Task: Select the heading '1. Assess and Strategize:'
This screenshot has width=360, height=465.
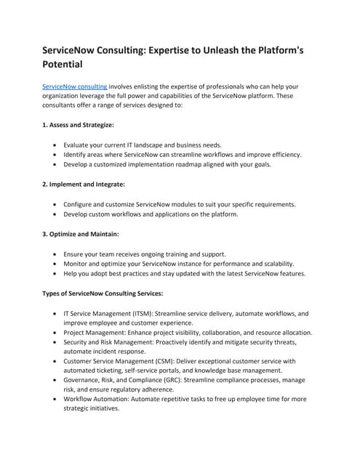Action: pos(78,125)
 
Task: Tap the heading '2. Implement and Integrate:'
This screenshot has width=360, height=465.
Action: pos(84,185)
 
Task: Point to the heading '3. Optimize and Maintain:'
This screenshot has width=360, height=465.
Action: pos(81,234)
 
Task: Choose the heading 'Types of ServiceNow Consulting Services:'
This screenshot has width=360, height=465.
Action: pos(103,294)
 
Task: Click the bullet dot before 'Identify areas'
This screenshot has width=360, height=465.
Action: pos(56,155)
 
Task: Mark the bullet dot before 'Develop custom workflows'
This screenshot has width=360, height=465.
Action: pos(56,214)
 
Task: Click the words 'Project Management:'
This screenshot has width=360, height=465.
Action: pos(95,332)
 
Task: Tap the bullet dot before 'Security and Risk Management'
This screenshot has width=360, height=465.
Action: pos(56,341)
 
